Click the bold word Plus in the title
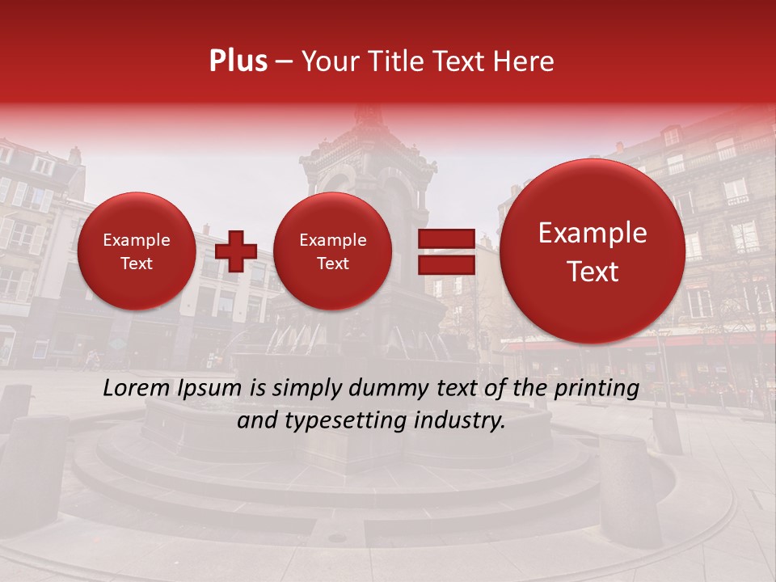pos(238,61)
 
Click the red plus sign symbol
pos(235,251)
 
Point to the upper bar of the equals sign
pos(445,238)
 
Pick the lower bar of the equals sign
pos(445,264)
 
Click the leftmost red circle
pos(137,251)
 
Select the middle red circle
pos(332,251)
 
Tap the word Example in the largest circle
pos(593,233)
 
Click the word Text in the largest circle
pos(593,272)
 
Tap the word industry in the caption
pos(459,420)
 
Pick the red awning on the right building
pos(639,344)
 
